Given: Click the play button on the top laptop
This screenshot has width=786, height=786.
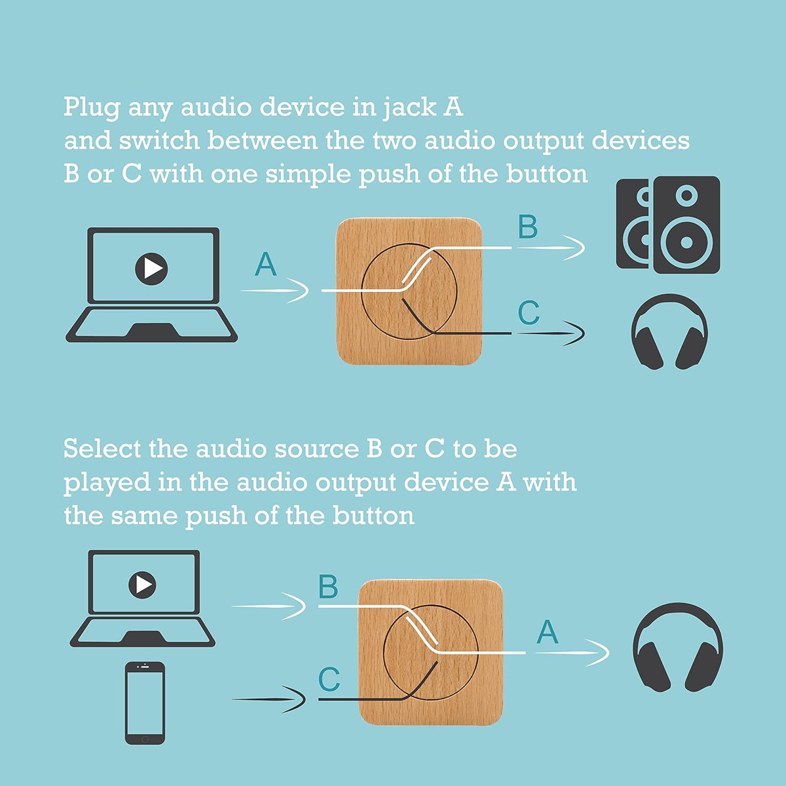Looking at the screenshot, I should [152, 268].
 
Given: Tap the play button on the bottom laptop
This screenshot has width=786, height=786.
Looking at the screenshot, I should [143, 584].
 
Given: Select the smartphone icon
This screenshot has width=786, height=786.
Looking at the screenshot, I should [145, 703].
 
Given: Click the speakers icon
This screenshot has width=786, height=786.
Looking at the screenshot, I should [668, 224].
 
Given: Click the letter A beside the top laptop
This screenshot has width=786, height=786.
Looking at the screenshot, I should [266, 265].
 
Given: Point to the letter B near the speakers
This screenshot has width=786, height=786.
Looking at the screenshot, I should [527, 227].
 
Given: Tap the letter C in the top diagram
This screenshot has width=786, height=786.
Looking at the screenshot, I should [529, 313].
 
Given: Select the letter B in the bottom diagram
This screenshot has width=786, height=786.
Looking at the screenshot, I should [328, 587].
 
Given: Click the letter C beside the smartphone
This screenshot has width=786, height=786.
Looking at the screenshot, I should [329, 680].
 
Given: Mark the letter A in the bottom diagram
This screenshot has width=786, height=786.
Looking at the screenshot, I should [548, 633].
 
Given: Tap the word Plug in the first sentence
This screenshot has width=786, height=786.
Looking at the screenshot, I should [91, 107].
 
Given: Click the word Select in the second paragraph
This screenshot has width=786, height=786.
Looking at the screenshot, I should [102, 449].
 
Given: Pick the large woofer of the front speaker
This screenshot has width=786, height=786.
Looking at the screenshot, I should [686, 242].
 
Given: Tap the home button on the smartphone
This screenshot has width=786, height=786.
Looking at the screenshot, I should [145, 739].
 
